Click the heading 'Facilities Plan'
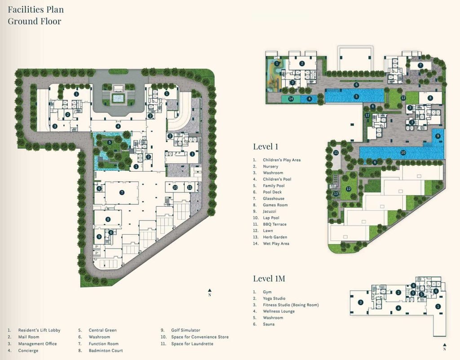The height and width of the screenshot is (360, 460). tap(35, 10)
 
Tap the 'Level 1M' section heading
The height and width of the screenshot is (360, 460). tap(269, 279)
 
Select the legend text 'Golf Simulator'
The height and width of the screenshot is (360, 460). tap(186, 330)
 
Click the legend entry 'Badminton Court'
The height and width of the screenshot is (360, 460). tap(106, 350)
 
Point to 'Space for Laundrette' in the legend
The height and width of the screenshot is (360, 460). tap(192, 343)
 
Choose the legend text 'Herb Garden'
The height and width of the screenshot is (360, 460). tap(275, 237)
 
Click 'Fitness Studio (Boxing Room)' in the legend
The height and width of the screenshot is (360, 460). tap(291, 305)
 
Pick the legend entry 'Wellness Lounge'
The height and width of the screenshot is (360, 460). tap(279, 311)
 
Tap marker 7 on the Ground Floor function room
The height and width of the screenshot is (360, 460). tap(122, 192)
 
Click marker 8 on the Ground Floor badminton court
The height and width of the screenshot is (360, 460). tap(108, 219)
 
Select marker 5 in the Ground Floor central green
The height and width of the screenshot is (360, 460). tap(110, 142)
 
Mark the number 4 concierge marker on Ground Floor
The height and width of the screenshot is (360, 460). tap(118, 126)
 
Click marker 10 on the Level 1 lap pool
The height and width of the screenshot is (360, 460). tap(403, 152)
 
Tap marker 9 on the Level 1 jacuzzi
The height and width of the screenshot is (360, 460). tap(438, 136)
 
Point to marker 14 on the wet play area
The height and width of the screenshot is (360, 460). tap(291, 99)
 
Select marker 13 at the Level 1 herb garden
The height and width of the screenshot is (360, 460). tap(336, 194)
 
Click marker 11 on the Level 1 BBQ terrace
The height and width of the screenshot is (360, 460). tap(336, 152)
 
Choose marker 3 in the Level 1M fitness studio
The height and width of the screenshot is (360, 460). tap(361, 302)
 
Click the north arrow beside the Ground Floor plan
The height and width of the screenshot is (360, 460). tap(209, 292)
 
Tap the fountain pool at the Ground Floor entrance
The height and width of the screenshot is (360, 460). tap(118, 97)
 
